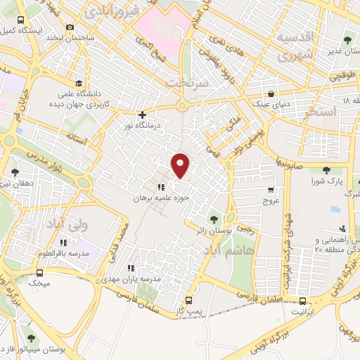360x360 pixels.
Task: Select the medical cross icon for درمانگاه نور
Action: click(142, 115)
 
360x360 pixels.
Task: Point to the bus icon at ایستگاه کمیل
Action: click(20, 20)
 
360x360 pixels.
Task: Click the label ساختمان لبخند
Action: click(70, 37)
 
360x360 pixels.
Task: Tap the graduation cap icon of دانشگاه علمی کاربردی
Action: click(78, 84)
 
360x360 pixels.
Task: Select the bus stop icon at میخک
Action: click(39, 272)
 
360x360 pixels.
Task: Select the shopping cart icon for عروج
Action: click(271, 190)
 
